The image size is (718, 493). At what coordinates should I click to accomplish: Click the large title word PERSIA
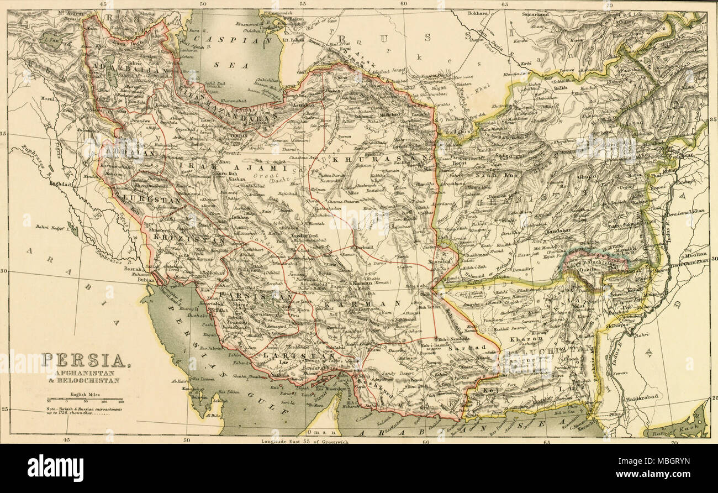tap(84, 361)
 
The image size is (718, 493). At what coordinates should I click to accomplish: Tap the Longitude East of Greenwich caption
tap(309, 441)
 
